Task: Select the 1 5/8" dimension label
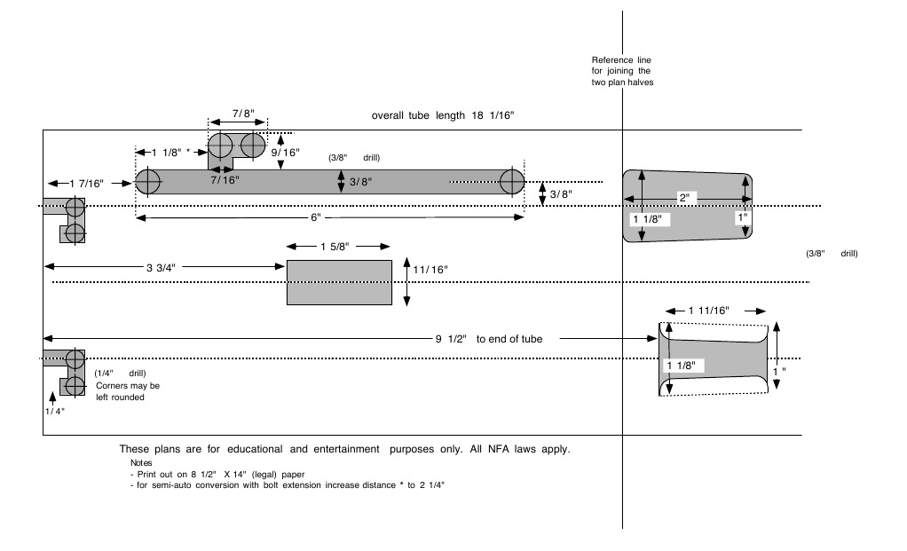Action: pyautogui.click(x=338, y=247)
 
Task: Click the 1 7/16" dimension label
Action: pyautogui.click(x=87, y=183)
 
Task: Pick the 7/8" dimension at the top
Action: pyautogui.click(x=243, y=114)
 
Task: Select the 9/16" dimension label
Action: pyautogui.click(x=287, y=152)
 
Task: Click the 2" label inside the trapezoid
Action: pyautogui.click(x=683, y=197)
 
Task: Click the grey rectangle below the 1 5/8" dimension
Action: pyautogui.click(x=338, y=283)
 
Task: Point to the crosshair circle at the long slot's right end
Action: pyautogui.click(x=512, y=183)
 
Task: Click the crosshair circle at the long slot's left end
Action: pyautogui.click(x=147, y=183)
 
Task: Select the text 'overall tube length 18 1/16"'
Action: pyautogui.click(x=443, y=115)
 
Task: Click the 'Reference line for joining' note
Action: pyautogui.click(x=621, y=71)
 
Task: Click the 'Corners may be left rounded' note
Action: pyautogui.click(x=128, y=391)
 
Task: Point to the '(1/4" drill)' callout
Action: pyautogui.click(x=120, y=374)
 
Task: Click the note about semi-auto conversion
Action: pyautogui.click(x=287, y=485)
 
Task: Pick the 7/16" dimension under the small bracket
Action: pyautogui.click(x=225, y=179)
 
